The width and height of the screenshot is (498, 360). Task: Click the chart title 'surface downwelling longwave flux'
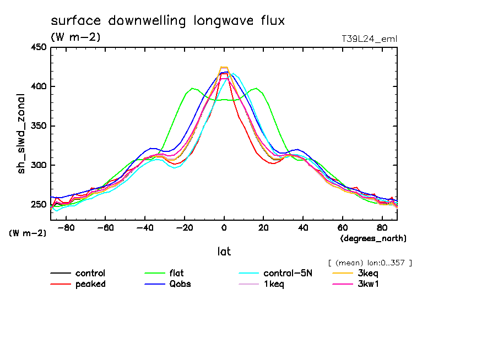168,21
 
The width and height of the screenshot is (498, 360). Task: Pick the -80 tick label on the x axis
65,227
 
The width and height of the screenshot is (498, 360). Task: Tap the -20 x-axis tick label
183,227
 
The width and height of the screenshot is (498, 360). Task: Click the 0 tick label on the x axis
224,227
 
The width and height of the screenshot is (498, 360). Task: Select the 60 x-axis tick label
343,227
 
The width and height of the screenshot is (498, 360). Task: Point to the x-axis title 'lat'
224,252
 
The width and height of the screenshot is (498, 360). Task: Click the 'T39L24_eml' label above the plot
369,39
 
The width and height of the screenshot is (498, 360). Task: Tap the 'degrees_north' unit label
373,238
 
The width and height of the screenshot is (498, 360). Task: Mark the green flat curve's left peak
192,88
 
